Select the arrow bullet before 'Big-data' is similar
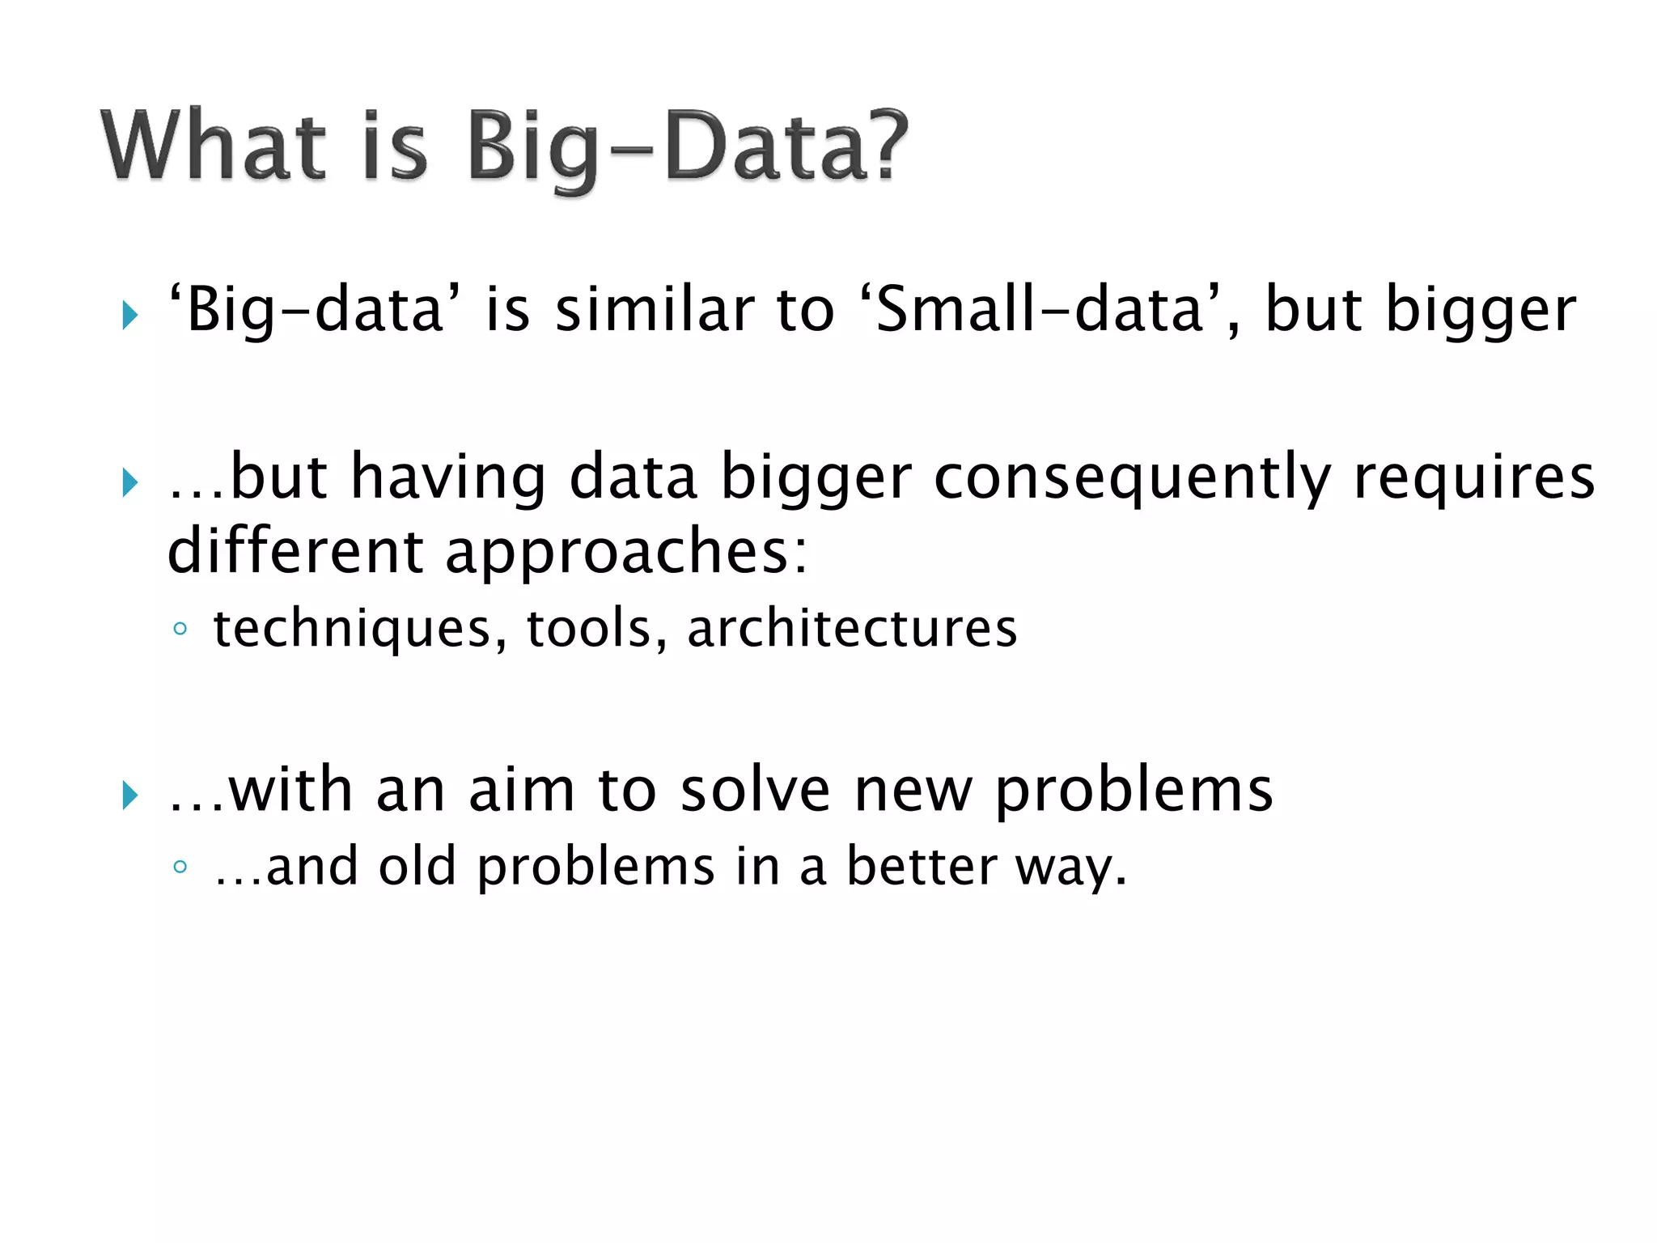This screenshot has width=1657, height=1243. click(129, 315)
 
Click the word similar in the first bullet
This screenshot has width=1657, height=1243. click(655, 310)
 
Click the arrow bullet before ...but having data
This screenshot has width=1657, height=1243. click(129, 483)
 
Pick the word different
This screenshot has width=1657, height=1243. click(295, 551)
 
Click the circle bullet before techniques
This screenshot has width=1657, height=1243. click(180, 629)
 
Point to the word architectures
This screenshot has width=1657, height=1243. click(852, 629)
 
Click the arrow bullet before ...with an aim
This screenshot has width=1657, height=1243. click(129, 795)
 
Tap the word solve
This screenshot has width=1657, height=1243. click(755, 791)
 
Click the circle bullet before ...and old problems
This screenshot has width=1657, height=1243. click(180, 868)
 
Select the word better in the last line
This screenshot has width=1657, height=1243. click(922, 867)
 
